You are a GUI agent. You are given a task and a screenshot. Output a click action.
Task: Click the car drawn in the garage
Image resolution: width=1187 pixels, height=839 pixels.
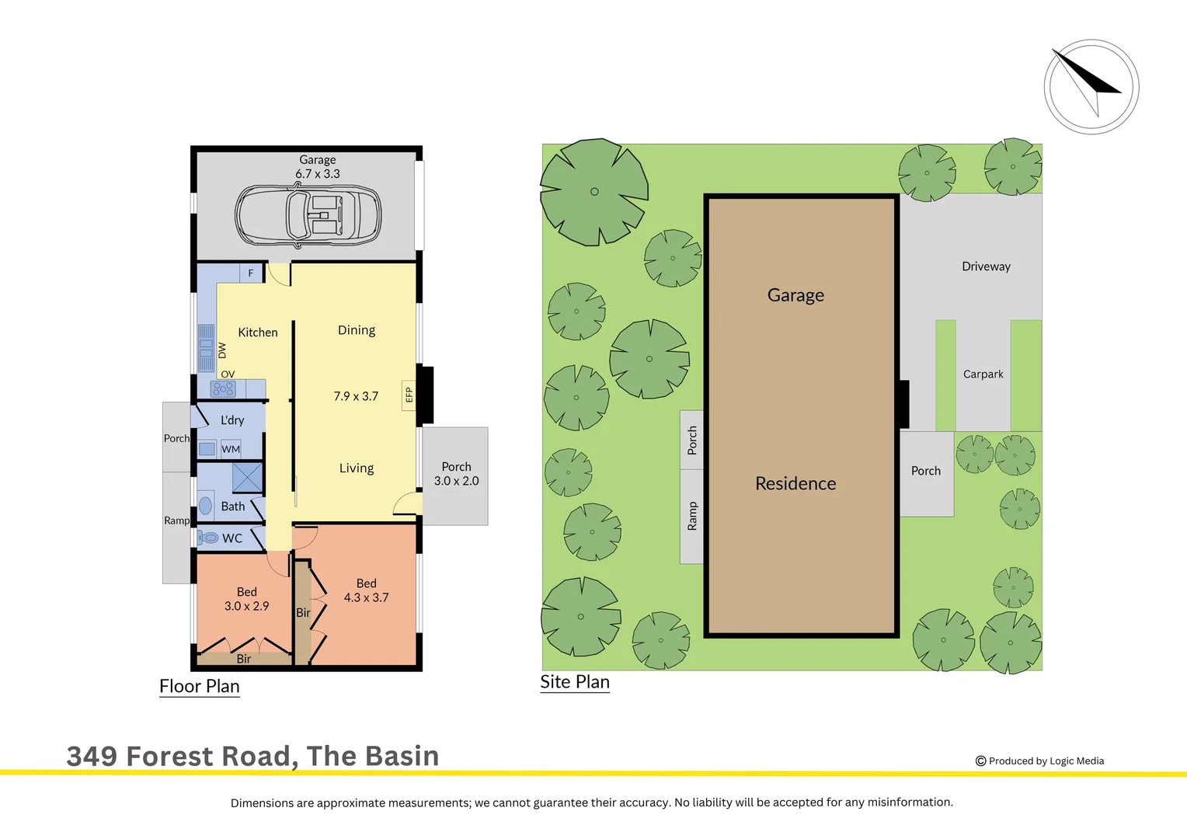tap(308, 215)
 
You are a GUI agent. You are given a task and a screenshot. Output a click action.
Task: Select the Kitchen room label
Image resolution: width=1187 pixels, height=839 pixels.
tap(257, 332)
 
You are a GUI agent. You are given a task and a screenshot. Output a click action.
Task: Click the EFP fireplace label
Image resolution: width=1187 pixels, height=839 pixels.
tap(409, 395)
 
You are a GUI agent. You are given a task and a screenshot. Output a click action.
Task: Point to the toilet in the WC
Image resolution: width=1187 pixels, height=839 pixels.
tap(208, 538)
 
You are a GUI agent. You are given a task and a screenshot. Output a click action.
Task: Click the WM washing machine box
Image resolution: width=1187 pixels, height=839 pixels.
tap(231, 449)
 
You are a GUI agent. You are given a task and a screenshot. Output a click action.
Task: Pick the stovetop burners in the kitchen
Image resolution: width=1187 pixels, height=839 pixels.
tap(223, 389)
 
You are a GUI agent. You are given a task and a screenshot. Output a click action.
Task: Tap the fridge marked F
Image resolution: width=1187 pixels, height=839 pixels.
tap(251, 273)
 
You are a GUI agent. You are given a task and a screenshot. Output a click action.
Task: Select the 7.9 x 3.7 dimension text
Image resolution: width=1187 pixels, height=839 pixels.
tap(356, 396)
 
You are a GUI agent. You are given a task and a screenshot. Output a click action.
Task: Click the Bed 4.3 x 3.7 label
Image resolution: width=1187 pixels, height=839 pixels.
tap(366, 590)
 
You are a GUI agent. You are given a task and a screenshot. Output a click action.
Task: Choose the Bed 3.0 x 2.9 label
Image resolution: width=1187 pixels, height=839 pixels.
tap(246, 599)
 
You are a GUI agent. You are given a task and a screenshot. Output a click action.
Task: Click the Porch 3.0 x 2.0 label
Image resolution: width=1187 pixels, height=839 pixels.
tap(456, 474)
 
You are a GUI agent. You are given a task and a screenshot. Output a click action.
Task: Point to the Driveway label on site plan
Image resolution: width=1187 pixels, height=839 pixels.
tap(986, 266)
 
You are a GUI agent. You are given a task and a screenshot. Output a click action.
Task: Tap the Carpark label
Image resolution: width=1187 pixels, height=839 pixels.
tap(983, 374)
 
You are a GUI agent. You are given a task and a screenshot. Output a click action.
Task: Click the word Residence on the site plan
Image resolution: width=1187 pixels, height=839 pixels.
tap(795, 483)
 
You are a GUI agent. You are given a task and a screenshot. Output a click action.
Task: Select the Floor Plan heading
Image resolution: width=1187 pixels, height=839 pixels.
tap(200, 687)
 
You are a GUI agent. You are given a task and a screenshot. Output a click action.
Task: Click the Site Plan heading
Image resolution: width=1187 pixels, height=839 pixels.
tap(575, 682)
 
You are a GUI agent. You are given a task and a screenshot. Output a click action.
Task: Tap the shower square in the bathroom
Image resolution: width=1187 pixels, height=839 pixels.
tap(248, 477)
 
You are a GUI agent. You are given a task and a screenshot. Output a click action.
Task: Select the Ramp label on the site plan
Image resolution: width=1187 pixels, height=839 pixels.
tap(692, 517)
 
